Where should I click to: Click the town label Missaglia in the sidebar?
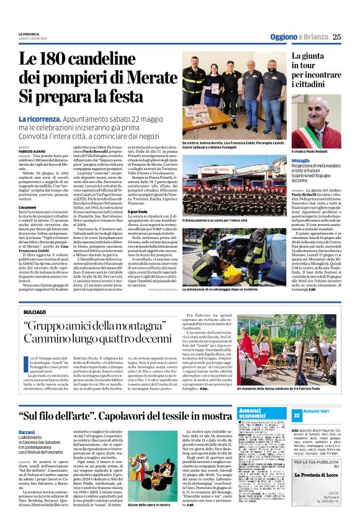click(x=304, y=160)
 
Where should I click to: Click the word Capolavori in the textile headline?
click(x=142, y=399)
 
